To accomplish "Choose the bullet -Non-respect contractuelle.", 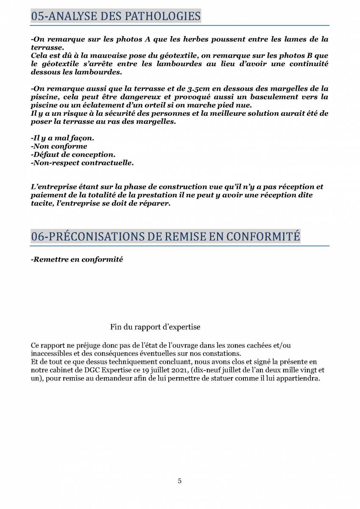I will (x=82, y=162).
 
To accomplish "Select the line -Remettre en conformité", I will (x=77, y=259).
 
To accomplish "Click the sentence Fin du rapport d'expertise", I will (x=155, y=327).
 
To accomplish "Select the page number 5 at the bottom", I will (x=180, y=481).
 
